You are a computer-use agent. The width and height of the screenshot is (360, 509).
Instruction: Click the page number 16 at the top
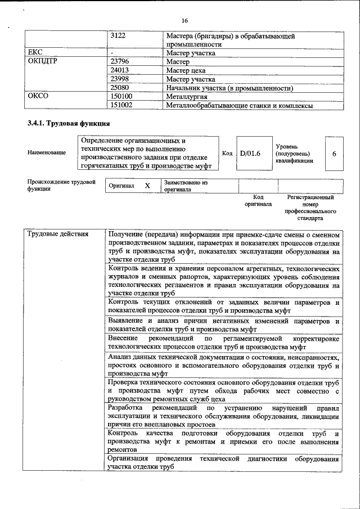coord(184,20)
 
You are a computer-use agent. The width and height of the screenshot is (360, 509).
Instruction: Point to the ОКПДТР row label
coord(43,62)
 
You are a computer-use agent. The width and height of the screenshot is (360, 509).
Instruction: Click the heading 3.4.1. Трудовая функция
coord(64,123)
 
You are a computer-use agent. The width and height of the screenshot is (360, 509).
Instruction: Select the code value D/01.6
coord(250,152)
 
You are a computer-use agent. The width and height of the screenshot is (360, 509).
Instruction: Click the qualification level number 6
coord(334,152)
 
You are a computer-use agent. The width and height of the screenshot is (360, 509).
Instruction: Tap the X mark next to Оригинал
coord(147,186)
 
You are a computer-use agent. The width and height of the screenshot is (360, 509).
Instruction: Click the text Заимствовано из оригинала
coord(186,186)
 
